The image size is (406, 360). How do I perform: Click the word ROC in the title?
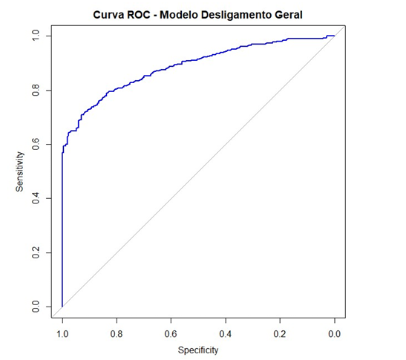139,15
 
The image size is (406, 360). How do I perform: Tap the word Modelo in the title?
179,15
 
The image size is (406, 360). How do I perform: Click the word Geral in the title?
289,15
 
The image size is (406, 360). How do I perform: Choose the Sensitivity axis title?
20,171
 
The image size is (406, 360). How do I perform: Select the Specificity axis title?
198,350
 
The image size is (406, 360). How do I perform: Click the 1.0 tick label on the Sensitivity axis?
36,36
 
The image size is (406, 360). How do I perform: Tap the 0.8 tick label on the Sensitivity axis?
36,90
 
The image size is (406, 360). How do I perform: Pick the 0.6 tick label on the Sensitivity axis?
36,144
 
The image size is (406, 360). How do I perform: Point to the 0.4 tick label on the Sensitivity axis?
36,198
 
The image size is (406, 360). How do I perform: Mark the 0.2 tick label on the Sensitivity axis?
36,252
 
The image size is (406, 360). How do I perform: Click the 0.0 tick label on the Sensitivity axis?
36,307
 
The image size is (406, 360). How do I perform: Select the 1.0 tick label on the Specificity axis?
62,334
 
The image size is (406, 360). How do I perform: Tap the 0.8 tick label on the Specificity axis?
117,334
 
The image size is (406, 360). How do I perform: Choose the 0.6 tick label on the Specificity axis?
171,334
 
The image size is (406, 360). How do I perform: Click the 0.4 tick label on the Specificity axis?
226,334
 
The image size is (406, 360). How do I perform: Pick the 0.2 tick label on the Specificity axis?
280,334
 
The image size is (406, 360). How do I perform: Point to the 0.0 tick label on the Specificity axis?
335,334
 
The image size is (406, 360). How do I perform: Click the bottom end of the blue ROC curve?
62,307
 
